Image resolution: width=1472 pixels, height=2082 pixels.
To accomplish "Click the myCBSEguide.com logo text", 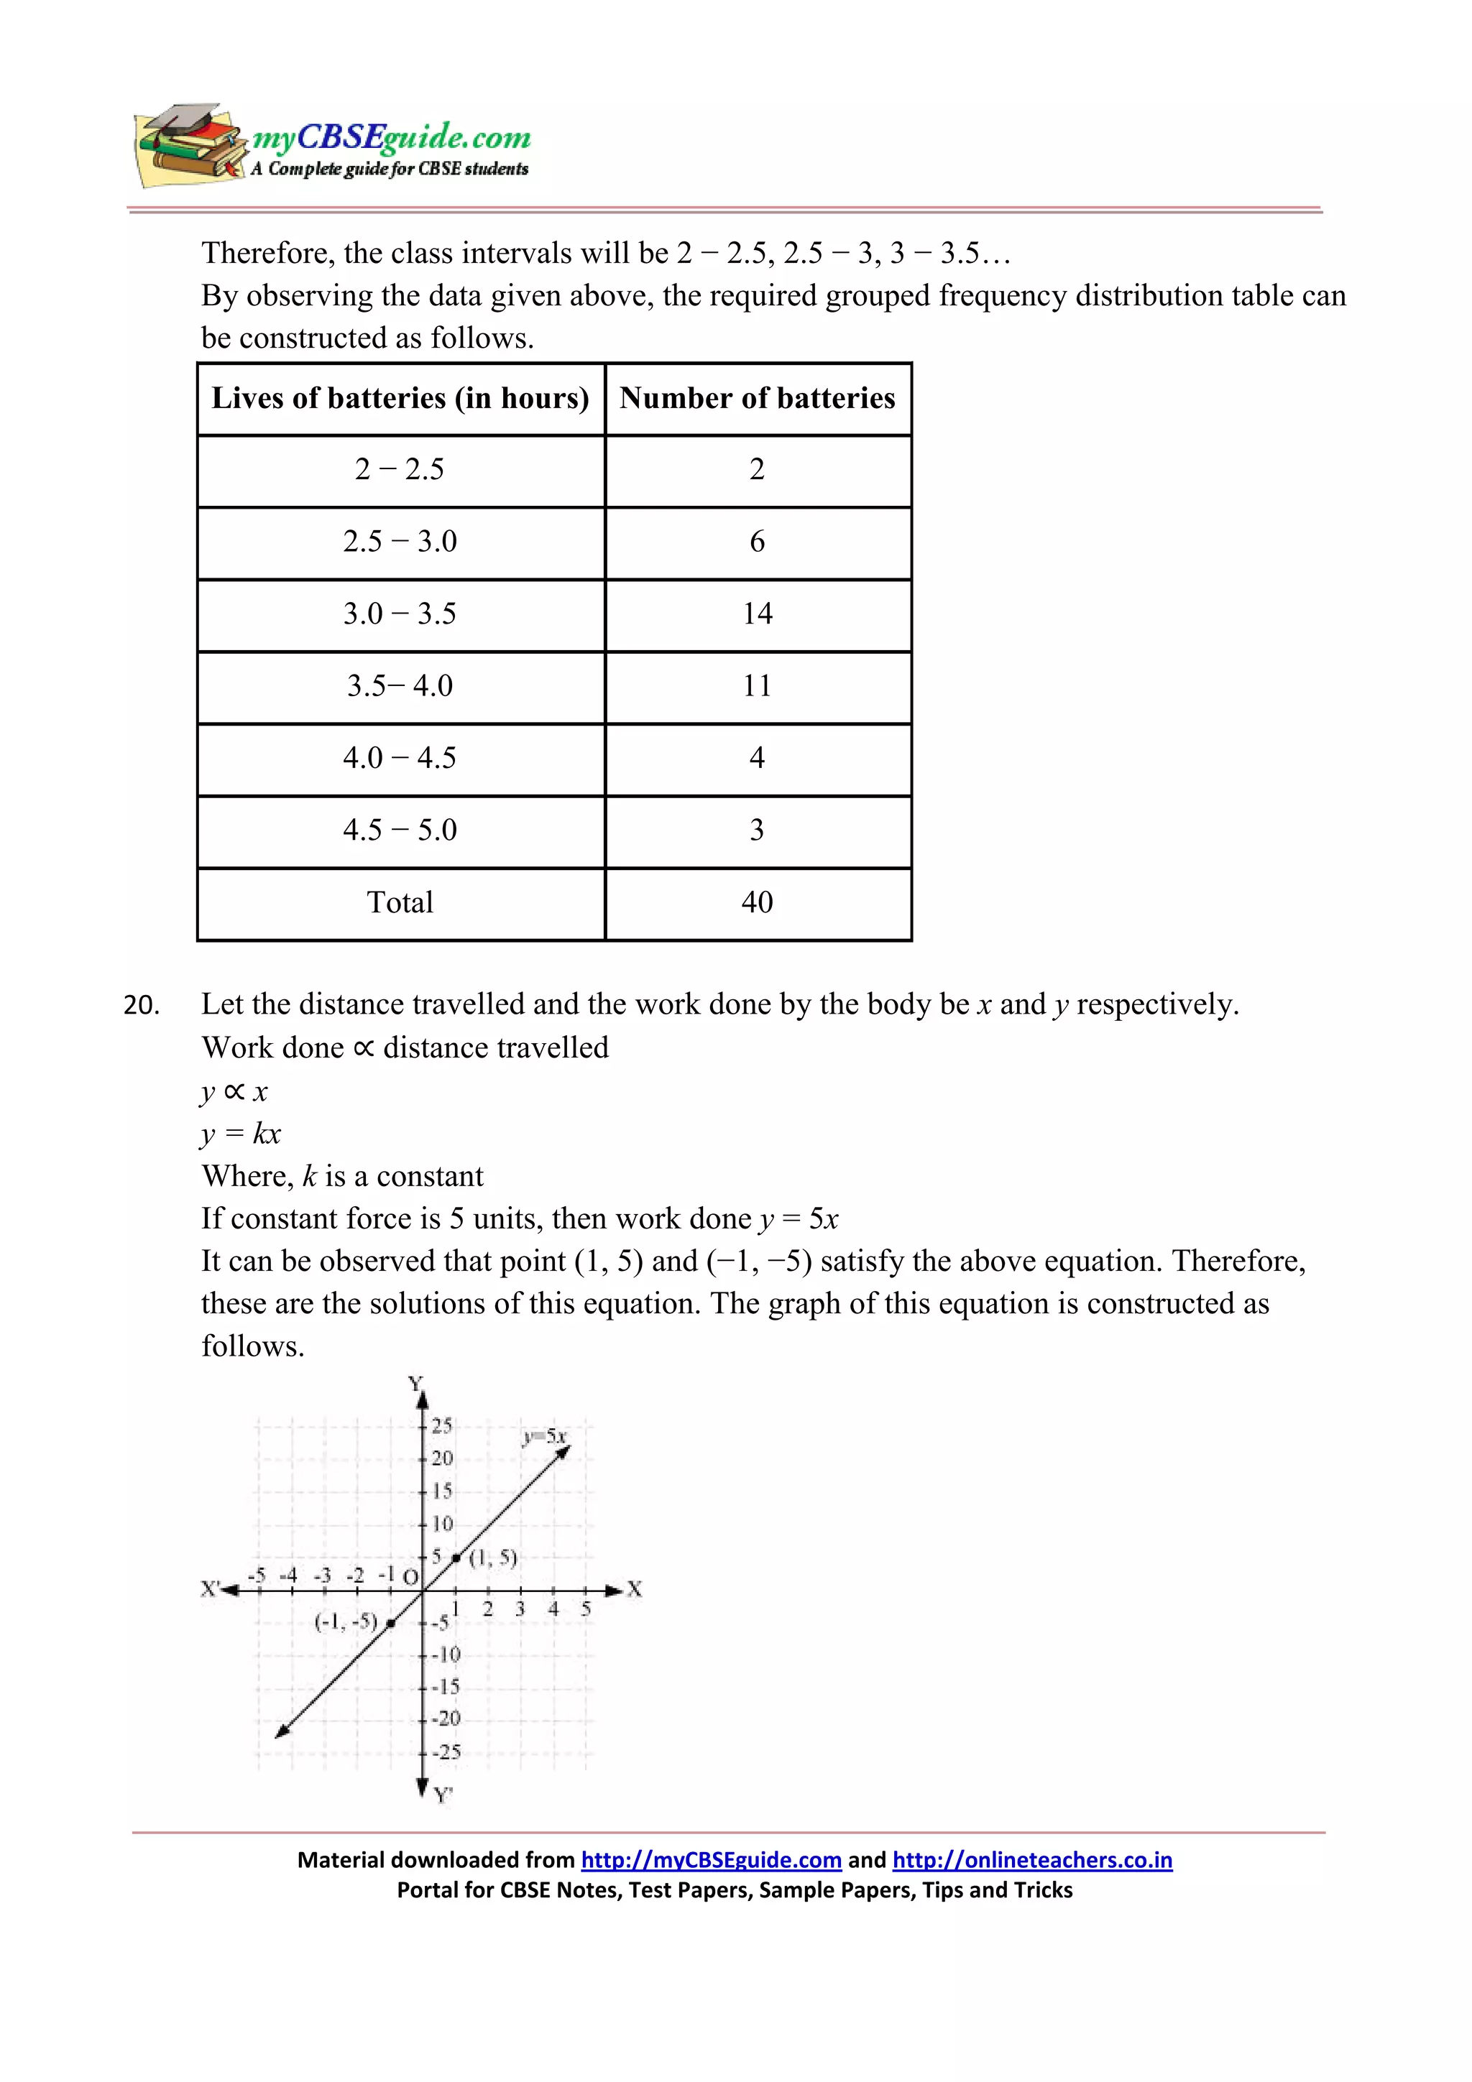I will click(x=391, y=137).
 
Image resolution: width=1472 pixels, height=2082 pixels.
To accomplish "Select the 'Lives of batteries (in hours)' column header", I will click(x=400, y=398).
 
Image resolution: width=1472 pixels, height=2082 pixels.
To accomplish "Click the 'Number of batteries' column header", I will click(x=758, y=398).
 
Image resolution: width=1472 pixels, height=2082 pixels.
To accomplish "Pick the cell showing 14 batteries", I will click(x=758, y=614).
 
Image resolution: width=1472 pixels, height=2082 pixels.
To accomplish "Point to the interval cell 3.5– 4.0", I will click(x=400, y=685).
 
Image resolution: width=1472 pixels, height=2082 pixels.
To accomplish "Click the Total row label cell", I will click(x=400, y=902).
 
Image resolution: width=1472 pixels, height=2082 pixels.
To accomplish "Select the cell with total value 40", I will click(x=758, y=902).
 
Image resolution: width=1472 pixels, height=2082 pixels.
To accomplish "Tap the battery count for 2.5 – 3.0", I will click(x=758, y=542).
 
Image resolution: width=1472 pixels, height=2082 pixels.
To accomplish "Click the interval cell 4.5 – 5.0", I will click(x=400, y=830).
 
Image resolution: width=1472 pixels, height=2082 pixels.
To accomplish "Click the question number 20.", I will click(x=142, y=1006).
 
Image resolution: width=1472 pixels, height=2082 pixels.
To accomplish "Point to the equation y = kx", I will click(x=241, y=1134).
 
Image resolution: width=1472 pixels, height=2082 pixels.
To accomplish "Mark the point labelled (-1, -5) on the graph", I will click(x=390, y=1623).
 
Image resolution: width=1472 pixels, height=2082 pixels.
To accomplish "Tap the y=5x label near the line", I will click(x=544, y=1436).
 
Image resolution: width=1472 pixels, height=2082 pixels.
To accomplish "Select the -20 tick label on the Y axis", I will click(x=446, y=1718).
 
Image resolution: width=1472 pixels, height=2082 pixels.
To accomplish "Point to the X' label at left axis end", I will click(x=211, y=1588).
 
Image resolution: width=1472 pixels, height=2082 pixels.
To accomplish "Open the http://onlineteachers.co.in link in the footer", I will click(x=1032, y=1860).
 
